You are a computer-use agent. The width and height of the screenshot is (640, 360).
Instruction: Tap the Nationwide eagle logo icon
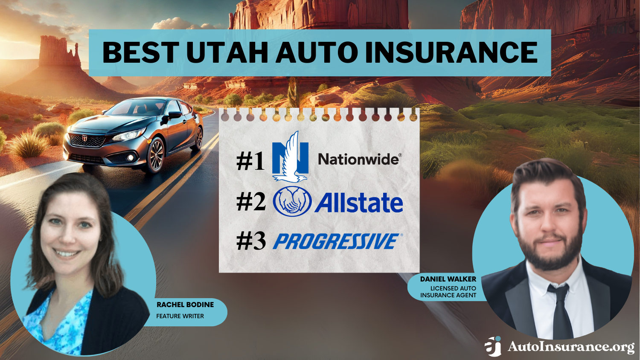[291, 157]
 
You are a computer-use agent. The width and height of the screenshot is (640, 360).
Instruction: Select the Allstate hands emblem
[292, 202]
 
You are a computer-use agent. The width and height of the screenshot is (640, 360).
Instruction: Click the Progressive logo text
[336, 241]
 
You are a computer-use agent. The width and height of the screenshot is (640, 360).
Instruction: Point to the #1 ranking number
[250, 162]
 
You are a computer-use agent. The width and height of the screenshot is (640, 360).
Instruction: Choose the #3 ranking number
[251, 241]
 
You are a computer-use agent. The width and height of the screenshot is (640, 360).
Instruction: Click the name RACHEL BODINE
[185, 305]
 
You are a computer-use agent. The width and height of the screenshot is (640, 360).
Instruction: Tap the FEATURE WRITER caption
[180, 316]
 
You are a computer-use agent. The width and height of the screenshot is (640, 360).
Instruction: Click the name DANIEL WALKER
[448, 279]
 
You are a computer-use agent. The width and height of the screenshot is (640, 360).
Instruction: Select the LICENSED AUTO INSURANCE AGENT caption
[448, 292]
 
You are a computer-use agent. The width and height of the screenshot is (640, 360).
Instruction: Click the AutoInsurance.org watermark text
[571, 347]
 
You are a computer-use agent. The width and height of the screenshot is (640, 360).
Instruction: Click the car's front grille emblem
[84, 138]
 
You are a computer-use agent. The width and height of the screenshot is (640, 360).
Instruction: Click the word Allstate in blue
[359, 203]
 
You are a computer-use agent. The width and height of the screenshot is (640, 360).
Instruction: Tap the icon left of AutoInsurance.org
[493, 346]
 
